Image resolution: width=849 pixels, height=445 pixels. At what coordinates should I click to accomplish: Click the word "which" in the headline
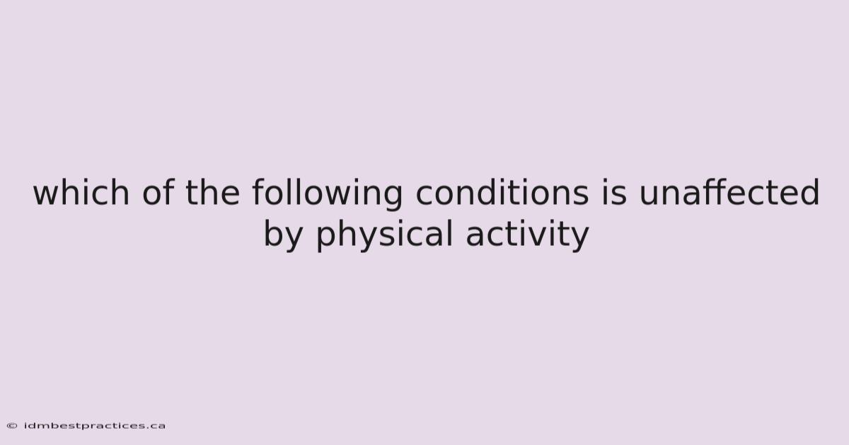pos(81,192)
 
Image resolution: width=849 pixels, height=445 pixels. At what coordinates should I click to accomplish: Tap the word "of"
pos(158,192)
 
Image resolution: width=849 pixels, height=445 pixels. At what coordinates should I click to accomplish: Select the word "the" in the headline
pos(213,192)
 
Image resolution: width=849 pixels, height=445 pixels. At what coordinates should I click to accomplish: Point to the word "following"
pos(328,194)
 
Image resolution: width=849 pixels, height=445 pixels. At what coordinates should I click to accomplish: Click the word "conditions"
pos(502,192)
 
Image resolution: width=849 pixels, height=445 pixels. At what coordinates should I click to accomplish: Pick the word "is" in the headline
pos(614,192)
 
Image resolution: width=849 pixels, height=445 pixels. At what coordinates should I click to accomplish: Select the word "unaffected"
pos(729,192)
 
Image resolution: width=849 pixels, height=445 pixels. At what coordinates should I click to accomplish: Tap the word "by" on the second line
pos(283,235)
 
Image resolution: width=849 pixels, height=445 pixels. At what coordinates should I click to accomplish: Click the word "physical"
pos(384,235)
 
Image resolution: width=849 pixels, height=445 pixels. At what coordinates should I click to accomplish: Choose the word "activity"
pos(527,235)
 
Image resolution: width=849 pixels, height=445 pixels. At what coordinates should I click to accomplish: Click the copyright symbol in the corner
pos(12,426)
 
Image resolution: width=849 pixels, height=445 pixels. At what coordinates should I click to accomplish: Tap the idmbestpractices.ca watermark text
pos(95,426)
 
